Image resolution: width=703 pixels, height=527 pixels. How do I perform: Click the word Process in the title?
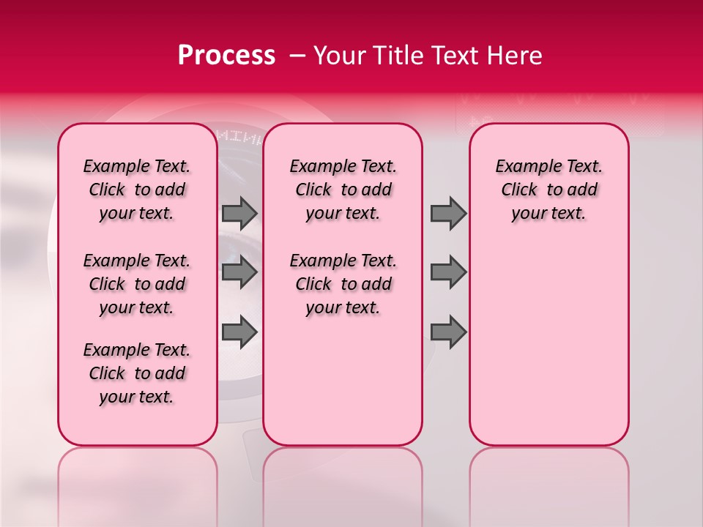pos(226,56)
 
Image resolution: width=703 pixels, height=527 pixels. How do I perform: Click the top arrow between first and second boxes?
pos(239,214)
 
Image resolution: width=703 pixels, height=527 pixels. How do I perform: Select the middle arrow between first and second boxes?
pos(239,272)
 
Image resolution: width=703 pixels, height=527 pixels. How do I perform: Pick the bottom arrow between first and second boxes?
pos(239,331)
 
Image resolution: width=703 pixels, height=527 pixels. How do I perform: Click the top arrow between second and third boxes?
pos(448,214)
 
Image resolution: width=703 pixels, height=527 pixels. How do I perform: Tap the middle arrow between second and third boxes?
pos(448,272)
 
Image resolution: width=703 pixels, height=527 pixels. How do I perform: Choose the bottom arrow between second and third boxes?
pos(448,331)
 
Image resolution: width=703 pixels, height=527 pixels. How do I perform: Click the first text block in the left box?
pos(137,190)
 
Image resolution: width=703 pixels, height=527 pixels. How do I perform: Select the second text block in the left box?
pos(137,284)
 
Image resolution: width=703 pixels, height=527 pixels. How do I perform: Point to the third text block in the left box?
pos(137,373)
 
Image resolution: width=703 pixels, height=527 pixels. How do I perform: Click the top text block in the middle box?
pos(343,190)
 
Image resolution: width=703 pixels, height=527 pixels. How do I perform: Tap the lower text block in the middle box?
pos(343,284)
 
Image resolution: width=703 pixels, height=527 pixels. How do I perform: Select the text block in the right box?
pos(548,190)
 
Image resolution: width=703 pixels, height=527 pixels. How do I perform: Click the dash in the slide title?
pos(298,56)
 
